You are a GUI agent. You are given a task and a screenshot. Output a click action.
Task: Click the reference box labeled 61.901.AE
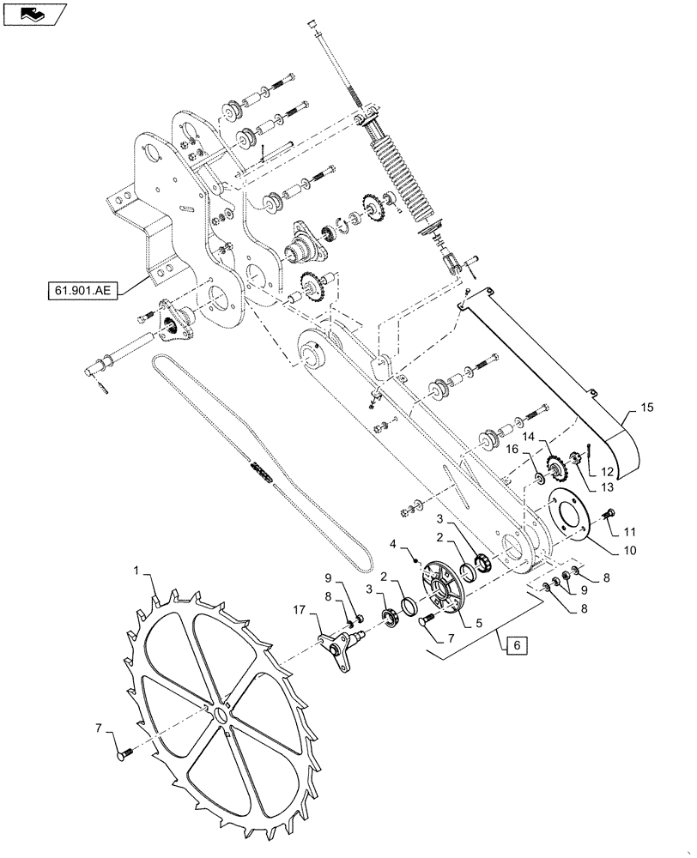pos(79,290)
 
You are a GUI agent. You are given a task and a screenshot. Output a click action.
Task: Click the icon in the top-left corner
pos(33,13)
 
